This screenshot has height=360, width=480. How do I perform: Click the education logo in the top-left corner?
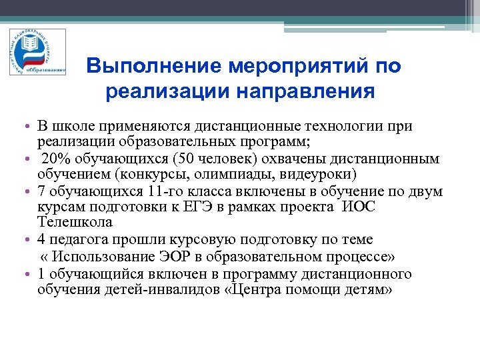[37, 53]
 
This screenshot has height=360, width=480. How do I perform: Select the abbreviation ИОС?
[359, 207]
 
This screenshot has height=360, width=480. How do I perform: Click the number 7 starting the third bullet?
[41, 192]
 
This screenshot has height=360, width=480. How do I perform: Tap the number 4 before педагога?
[41, 239]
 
